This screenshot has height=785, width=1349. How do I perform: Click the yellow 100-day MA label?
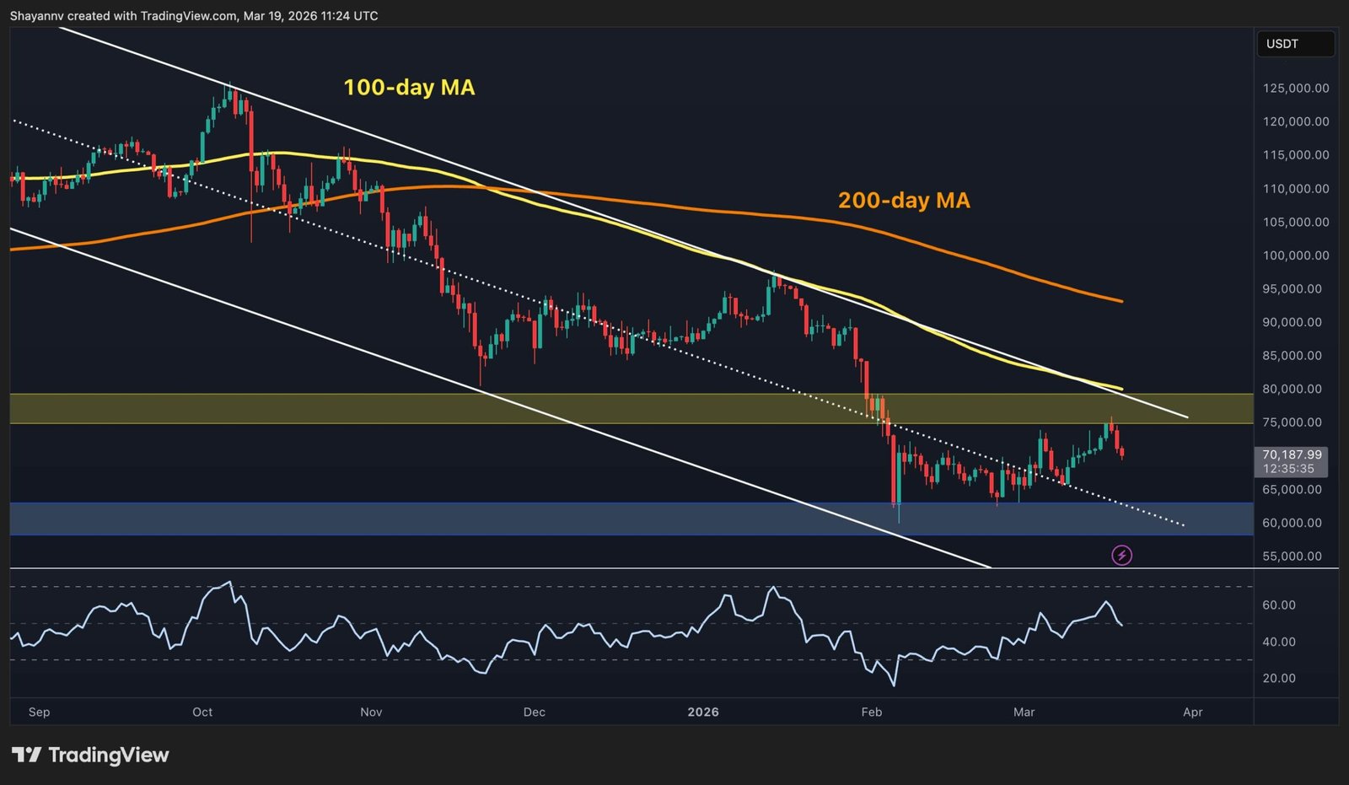409,88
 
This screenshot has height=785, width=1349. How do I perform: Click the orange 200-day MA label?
904,201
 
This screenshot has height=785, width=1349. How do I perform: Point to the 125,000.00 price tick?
1296,89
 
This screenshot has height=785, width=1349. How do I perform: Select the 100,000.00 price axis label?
1296,255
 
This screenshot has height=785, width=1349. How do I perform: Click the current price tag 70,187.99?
1292,454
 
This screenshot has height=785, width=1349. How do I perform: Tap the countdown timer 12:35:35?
1288,469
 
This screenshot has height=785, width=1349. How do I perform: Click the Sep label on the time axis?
39,712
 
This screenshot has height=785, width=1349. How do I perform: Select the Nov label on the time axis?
371,712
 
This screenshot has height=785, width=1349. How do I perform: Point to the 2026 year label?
703,712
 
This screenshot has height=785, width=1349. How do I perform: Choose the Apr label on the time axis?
1192,712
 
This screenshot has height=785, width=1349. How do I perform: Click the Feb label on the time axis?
872,712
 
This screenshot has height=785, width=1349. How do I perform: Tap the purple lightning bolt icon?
1121,555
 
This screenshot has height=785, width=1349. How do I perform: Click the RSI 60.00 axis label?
1279,605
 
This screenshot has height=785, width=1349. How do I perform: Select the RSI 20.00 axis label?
1279,679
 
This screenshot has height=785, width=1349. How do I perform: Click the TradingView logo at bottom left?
90,755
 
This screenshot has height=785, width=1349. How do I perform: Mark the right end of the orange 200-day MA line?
1121,301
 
